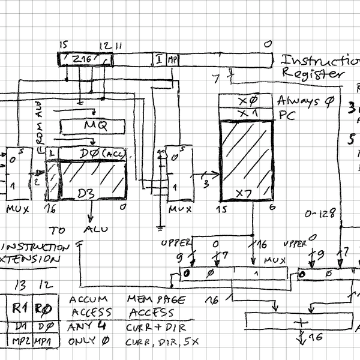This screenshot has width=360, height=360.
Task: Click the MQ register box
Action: point(93,127)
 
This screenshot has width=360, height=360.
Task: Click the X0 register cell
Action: point(246,100)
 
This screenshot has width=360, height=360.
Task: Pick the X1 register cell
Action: point(246,113)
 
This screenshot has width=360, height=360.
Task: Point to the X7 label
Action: point(244,193)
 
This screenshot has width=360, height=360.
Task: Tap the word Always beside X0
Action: point(298,101)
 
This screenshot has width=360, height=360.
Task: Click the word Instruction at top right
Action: point(320,60)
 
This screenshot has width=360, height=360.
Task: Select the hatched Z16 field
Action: point(84,59)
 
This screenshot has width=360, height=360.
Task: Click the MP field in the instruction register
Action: point(173,59)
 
